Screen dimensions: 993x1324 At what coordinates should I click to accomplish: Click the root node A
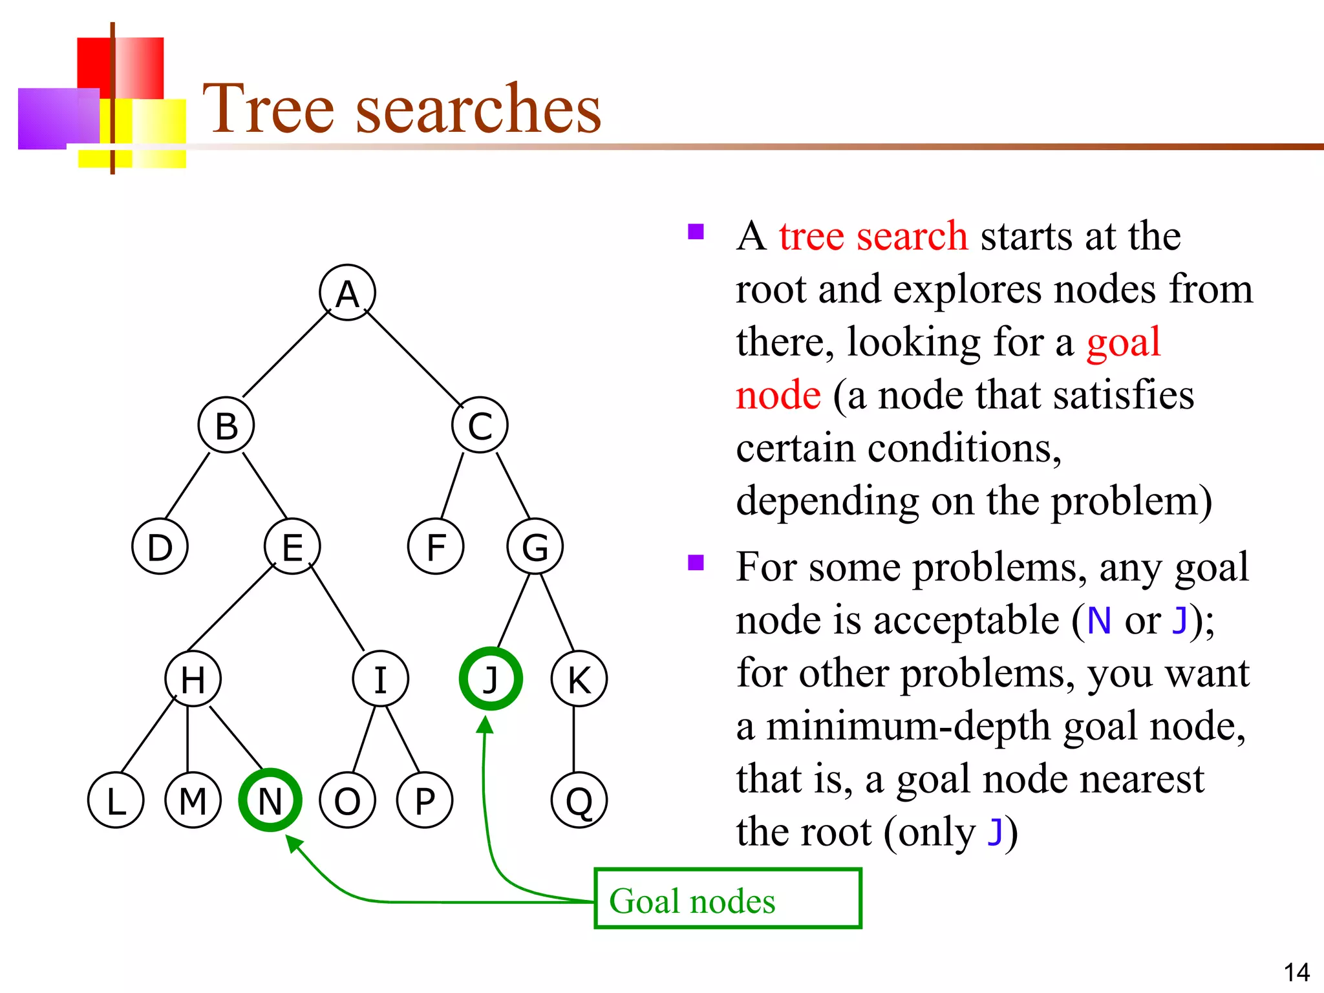click(347, 293)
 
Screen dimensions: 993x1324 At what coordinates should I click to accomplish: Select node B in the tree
click(226, 425)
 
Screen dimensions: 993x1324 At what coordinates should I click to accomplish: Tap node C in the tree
click(480, 425)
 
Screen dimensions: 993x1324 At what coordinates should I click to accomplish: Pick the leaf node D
click(160, 546)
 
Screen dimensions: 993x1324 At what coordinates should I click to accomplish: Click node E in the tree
click(292, 546)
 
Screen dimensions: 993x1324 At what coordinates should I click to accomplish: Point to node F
click(436, 546)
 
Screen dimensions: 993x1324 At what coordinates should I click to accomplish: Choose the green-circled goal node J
click(491, 679)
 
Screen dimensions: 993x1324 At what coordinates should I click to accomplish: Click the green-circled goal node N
click(270, 800)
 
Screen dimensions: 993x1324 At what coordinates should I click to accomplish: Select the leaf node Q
click(579, 800)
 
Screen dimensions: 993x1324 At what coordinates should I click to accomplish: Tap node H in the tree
click(193, 679)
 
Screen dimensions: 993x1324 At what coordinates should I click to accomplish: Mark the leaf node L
click(116, 800)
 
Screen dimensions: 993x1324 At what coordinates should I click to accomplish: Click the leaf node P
click(425, 800)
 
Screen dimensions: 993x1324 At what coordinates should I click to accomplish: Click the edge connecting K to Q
click(574, 740)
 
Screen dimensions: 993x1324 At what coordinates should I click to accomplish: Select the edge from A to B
click(286, 354)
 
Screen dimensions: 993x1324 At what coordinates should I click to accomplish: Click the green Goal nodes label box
click(727, 899)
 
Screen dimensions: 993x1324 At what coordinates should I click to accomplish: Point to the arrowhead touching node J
click(485, 725)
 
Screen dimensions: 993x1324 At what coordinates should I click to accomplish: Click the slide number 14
click(1296, 972)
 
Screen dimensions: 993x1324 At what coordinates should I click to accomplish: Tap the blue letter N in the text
click(1098, 621)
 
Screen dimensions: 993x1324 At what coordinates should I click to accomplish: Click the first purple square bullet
click(696, 231)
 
